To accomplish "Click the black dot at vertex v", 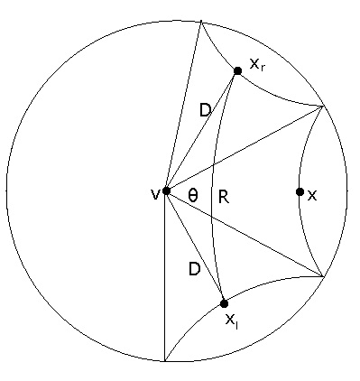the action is coord(166,190).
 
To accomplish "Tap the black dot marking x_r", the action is coord(237,70).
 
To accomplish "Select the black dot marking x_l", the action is coord(224,303).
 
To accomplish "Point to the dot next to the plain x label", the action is coord(300,191).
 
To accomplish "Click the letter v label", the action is coord(154,193).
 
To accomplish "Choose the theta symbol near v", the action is coord(193,195).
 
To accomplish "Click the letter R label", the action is coord(223,197).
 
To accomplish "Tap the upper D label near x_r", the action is coord(205,111).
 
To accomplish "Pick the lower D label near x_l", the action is coord(194,268).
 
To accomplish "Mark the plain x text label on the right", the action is coord(312,195).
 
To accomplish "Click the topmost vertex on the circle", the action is coord(200,21).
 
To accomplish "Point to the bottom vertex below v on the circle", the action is coord(166,361).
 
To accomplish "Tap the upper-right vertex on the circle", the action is coord(323,107).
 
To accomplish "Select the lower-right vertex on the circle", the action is coord(322,276).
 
